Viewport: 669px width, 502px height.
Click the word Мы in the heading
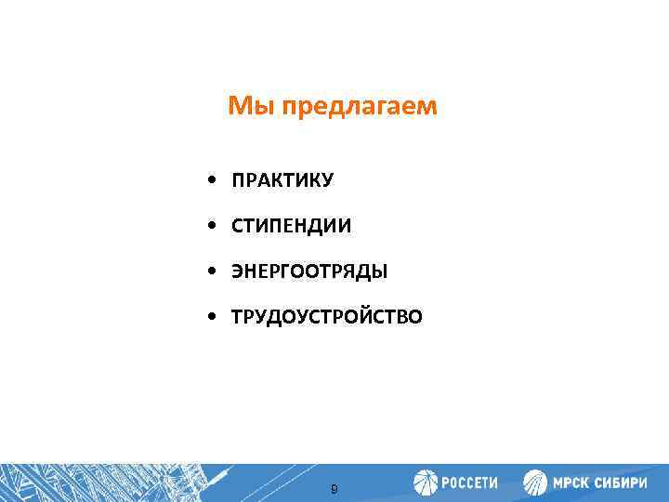click(246, 108)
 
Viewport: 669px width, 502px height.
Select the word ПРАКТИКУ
click(282, 179)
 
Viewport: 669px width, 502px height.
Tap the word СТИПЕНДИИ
click(292, 226)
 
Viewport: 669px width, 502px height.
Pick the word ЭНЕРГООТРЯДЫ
click(309, 271)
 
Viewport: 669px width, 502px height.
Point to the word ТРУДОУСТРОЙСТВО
click(327, 318)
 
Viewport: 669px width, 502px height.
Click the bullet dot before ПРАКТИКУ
click(214, 179)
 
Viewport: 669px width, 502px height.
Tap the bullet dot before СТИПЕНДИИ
click(214, 226)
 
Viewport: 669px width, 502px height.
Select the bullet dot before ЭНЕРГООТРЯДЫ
click(214, 271)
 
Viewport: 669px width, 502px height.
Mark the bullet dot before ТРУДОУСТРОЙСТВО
click(214, 318)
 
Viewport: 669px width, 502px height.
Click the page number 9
click(334, 488)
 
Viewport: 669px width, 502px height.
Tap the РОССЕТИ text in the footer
click(469, 483)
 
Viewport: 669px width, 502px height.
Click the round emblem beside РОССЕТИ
click(426, 482)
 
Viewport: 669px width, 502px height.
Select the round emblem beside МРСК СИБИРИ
click(536, 482)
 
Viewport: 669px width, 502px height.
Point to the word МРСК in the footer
click(572, 483)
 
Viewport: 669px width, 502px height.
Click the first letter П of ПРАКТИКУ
click(238, 179)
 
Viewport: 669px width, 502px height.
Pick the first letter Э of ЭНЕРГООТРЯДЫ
click(237, 271)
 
